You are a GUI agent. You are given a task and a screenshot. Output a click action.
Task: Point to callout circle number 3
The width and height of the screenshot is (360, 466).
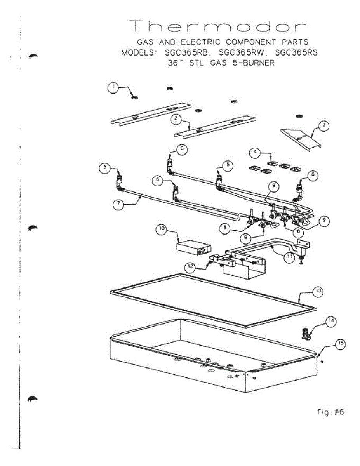(323, 126)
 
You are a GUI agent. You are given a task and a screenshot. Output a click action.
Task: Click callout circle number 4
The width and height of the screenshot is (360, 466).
(255, 153)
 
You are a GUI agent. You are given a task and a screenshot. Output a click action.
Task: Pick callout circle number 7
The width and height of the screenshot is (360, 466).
(119, 205)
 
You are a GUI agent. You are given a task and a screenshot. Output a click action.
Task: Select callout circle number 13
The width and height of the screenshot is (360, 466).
(317, 291)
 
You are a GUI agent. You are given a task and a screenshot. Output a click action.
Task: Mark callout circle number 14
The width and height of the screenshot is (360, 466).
(330, 321)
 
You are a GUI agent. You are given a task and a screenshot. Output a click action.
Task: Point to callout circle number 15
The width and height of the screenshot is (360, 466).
(340, 343)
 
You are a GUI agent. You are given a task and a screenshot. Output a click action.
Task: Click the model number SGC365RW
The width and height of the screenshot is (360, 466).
(240, 53)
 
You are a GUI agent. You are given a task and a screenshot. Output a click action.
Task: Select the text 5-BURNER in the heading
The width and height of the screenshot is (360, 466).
(254, 63)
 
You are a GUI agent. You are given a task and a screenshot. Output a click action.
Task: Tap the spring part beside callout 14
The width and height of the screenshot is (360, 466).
(305, 334)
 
